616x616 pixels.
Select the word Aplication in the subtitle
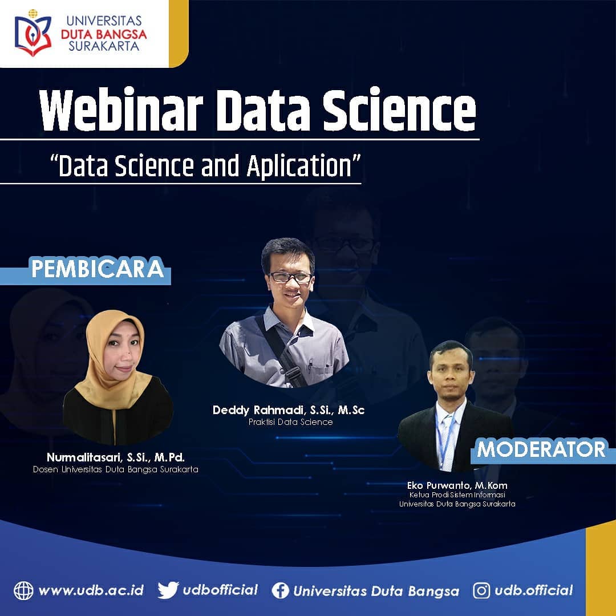pyautogui.click(x=299, y=165)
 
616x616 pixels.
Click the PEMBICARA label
pyautogui.click(x=98, y=269)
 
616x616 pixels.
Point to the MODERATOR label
pyautogui.click(x=541, y=449)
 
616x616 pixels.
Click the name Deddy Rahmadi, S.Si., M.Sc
pyautogui.click(x=289, y=410)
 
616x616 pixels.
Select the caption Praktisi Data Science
pyautogui.click(x=291, y=422)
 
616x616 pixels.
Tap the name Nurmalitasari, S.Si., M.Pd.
pyautogui.click(x=115, y=457)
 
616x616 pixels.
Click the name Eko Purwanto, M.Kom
pyautogui.click(x=457, y=485)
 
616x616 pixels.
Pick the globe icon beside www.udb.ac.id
pyautogui.click(x=23, y=590)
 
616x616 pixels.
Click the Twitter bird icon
pyautogui.click(x=168, y=590)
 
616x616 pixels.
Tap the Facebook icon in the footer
pyautogui.click(x=281, y=590)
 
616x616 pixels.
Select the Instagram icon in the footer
pyautogui.click(x=481, y=590)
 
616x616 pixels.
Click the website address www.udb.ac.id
pyautogui.click(x=91, y=590)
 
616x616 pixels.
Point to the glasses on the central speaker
pyautogui.click(x=291, y=277)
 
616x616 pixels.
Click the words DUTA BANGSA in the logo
pyautogui.click(x=104, y=34)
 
